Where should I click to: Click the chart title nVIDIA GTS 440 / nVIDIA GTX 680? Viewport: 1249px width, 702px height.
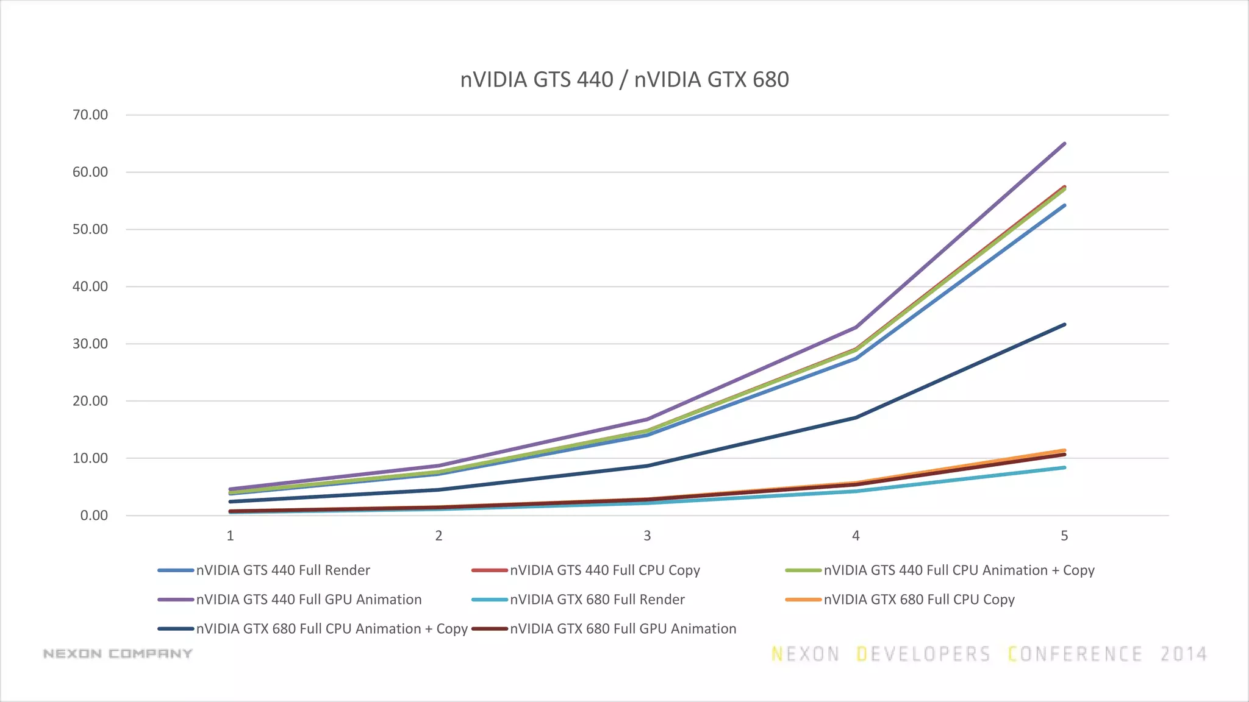tap(624, 80)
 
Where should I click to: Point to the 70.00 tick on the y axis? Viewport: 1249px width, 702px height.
tap(90, 115)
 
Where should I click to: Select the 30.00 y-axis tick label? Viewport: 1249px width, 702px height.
tap(90, 344)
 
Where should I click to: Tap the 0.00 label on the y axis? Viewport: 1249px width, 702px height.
tap(94, 516)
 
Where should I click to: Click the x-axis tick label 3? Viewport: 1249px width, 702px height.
tap(647, 536)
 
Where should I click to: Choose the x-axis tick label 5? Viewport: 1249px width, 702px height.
tap(1064, 536)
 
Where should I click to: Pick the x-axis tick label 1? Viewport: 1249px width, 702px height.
tap(230, 536)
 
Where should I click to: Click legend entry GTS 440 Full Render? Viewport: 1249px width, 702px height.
tap(283, 570)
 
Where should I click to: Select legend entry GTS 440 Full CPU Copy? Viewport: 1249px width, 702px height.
tap(604, 570)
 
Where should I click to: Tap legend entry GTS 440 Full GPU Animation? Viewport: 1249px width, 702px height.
tap(309, 600)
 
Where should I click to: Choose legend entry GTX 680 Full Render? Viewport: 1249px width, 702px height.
tap(597, 600)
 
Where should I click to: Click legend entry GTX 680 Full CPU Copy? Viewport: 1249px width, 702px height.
tap(919, 600)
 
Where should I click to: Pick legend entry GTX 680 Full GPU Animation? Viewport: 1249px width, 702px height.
tap(623, 629)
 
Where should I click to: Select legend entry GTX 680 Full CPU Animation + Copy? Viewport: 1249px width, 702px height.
tap(332, 629)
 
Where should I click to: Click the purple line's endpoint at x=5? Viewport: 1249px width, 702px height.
tap(1064, 144)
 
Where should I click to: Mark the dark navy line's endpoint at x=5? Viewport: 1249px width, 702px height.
tap(1064, 325)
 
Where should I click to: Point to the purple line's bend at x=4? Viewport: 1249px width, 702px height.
tap(856, 327)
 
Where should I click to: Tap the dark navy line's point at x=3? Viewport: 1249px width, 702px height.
tap(647, 466)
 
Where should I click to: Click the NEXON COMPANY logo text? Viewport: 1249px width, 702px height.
tap(118, 654)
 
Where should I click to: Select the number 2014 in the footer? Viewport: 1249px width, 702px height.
tap(1183, 654)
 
